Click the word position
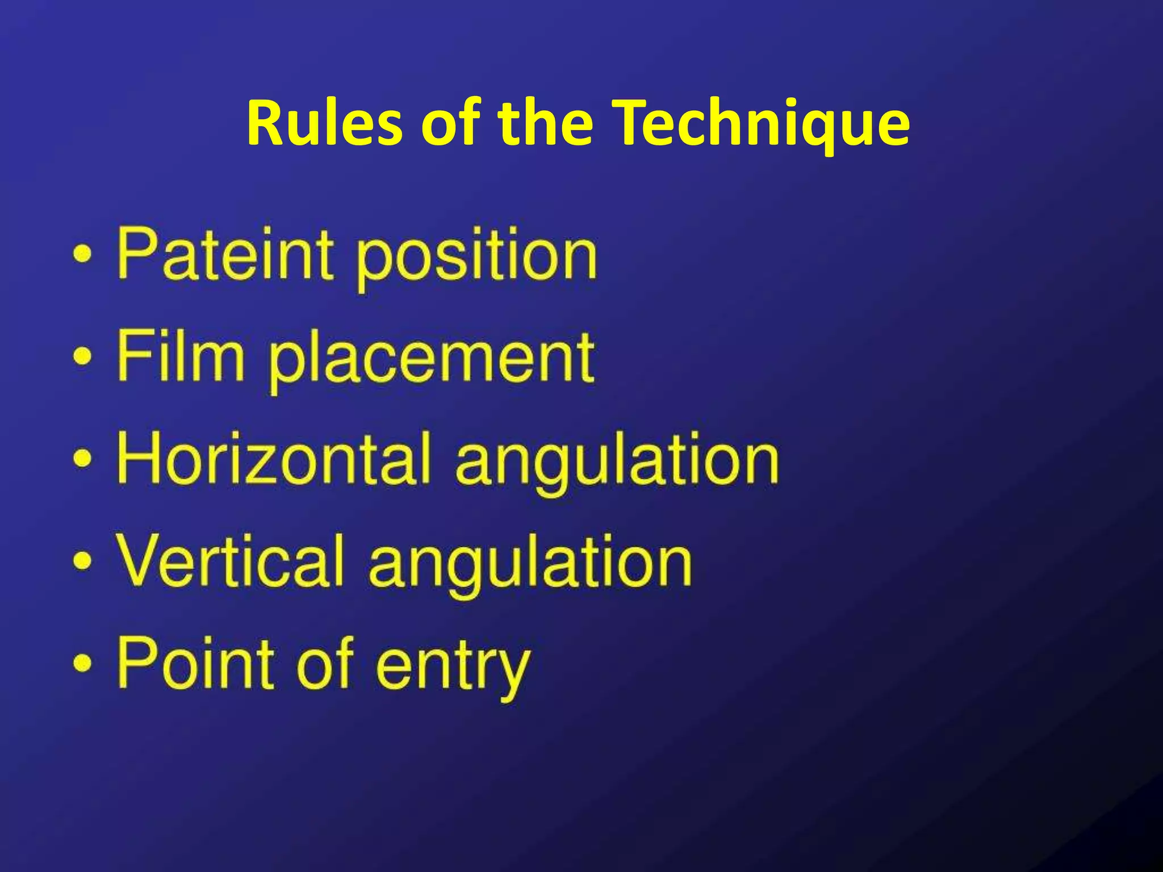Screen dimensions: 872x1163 (476, 258)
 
